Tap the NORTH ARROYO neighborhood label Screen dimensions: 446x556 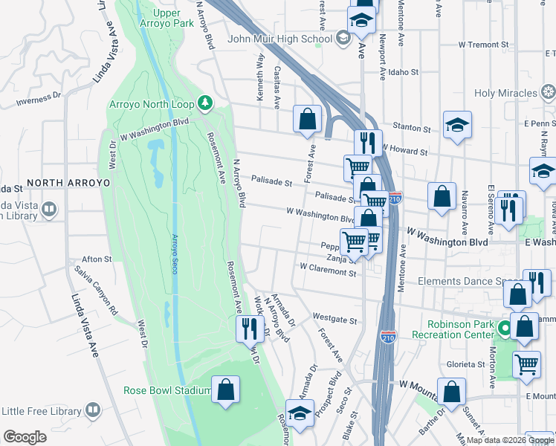point(68,182)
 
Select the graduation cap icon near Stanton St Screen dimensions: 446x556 point(457,124)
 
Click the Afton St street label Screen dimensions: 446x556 point(97,259)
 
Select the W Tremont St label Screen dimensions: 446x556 point(482,45)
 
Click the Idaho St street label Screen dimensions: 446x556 point(405,74)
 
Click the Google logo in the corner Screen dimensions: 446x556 point(25,436)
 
